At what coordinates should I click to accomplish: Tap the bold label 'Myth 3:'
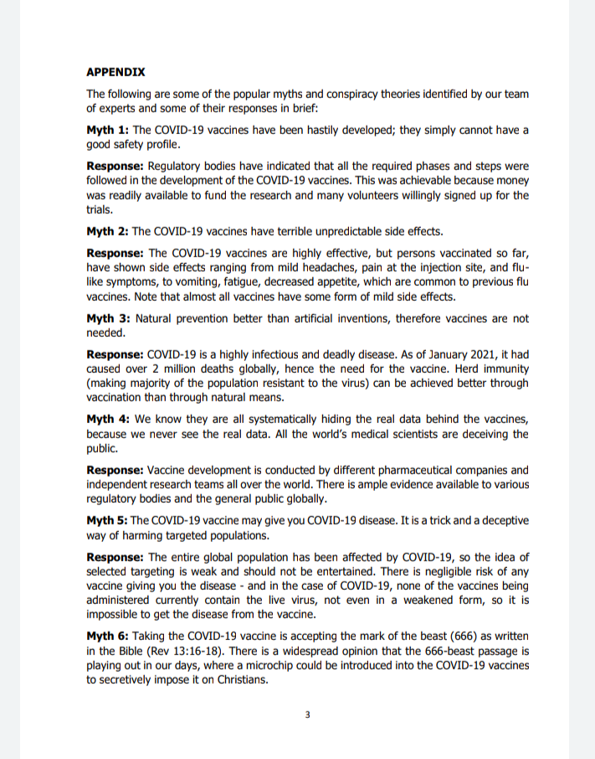[x=107, y=318]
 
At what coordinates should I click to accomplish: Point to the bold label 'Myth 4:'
[x=107, y=419]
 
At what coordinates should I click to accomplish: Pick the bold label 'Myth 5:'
[x=106, y=520]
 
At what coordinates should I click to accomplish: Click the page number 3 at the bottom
[x=307, y=715]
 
